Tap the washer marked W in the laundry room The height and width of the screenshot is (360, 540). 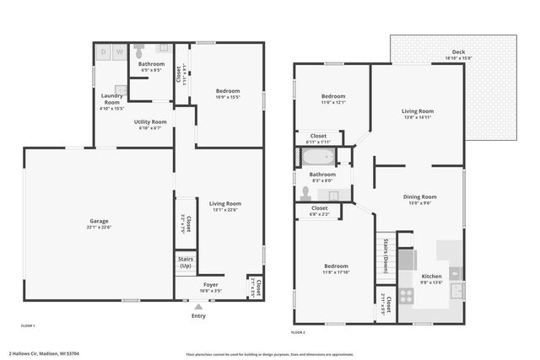(x=120, y=52)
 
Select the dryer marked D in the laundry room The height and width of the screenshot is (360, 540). (x=105, y=52)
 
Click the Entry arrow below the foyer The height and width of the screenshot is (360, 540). (x=198, y=308)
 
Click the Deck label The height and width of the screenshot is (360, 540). (x=459, y=52)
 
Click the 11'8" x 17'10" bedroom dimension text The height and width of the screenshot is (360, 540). (x=335, y=272)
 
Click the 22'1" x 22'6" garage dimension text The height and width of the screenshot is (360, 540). (x=100, y=227)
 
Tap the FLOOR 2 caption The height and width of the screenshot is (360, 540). (x=297, y=332)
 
